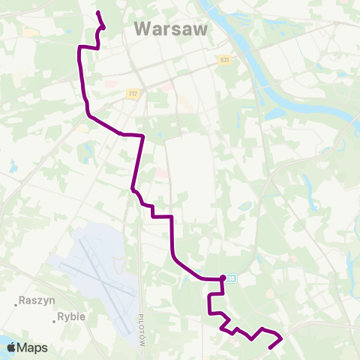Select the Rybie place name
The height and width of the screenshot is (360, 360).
point(71,316)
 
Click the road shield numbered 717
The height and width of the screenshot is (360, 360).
point(133,93)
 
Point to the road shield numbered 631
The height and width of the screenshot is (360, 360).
point(225,59)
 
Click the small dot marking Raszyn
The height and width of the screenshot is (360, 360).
point(16,304)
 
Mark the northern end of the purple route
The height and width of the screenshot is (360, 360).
point(98,13)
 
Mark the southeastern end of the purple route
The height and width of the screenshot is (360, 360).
point(270,348)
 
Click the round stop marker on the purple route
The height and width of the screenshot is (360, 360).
point(223,278)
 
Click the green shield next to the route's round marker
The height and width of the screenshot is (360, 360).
point(232,278)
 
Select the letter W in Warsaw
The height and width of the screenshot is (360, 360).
point(142,29)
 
